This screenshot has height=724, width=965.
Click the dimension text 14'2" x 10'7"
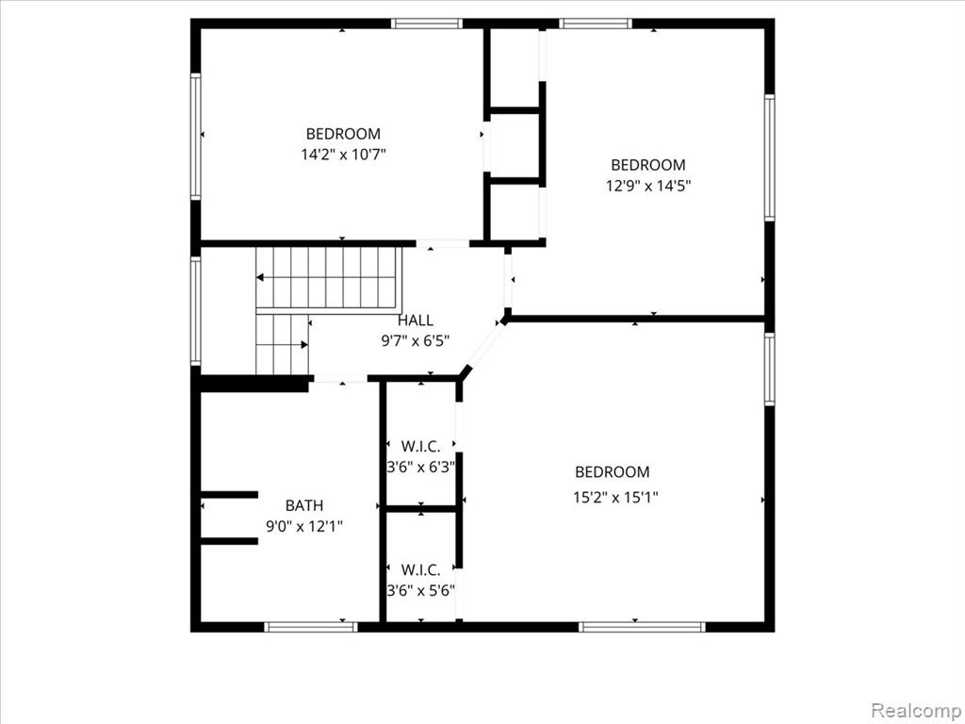[x=343, y=154]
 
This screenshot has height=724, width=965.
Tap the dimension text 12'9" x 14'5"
[x=648, y=186]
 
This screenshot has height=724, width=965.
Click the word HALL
[x=416, y=321]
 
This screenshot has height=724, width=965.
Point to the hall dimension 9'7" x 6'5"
[x=416, y=340]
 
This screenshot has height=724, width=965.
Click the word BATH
[x=304, y=505]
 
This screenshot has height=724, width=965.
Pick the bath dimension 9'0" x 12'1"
[x=304, y=526]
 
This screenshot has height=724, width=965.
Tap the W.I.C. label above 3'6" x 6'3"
[x=421, y=446]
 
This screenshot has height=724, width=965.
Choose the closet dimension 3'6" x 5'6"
[x=421, y=591]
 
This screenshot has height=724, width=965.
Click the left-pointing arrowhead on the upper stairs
[x=260, y=278]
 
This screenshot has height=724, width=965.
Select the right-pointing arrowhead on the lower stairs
[x=304, y=345]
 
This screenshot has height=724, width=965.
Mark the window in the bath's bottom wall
[x=311, y=627]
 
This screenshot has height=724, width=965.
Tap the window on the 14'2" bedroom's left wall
[x=196, y=136]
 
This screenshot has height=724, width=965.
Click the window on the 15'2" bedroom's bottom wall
[x=642, y=627]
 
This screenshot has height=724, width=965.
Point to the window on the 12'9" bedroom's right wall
[x=769, y=157]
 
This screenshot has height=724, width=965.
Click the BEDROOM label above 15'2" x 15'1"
[x=613, y=472]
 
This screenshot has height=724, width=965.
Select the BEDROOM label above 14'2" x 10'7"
[x=343, y=134]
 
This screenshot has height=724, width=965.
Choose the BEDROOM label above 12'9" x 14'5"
[x=648, y=165]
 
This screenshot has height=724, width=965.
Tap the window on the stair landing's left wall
[x=196, y=311]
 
